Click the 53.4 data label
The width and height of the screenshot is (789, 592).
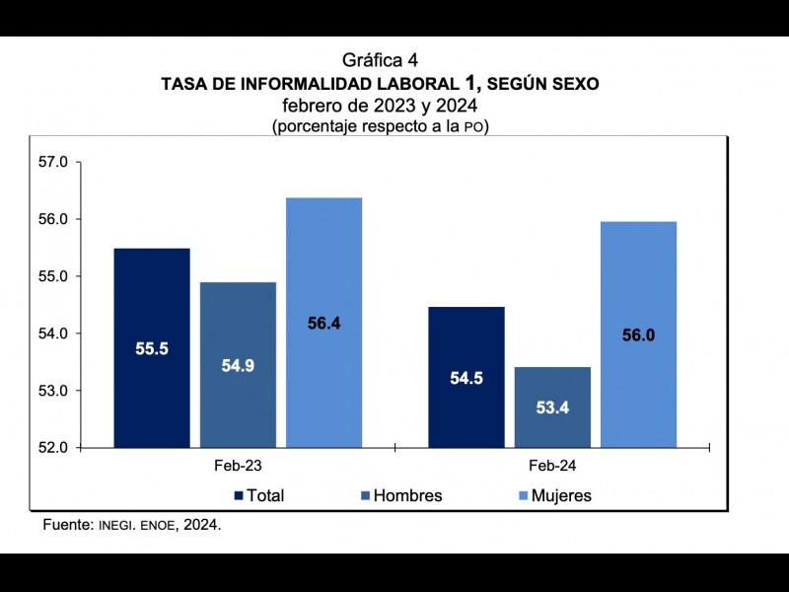552,407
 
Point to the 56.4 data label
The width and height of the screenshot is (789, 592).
324,323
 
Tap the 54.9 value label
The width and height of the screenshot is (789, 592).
238,365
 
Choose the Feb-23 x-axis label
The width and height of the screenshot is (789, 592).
238,464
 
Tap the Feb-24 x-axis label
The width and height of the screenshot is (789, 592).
552,464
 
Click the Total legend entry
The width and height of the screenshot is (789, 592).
259,495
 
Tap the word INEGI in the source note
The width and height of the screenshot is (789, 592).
118,525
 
